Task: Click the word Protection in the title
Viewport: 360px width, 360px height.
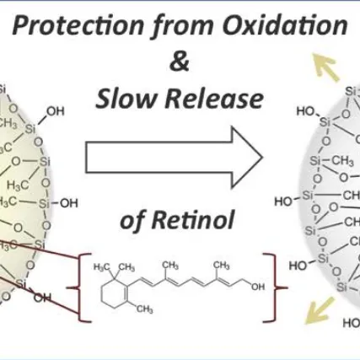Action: tap(78, 26)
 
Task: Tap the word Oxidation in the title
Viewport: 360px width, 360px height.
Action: tap(285, 25)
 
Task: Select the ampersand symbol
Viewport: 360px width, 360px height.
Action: tap(180, 62)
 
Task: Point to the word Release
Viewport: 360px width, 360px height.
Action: tap(214, 99)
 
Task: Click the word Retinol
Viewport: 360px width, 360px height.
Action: tap(193, 220)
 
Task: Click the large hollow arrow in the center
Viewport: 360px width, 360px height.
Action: tap(175, 158)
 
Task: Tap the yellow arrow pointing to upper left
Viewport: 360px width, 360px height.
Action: tap(326, 67)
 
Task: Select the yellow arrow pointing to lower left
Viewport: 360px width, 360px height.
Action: tap(320, 310)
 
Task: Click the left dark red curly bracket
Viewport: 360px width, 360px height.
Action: tap(80, 287)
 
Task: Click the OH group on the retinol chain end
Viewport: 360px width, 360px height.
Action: tap(258, 287)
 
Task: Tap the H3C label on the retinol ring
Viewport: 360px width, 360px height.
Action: tap(101, 267)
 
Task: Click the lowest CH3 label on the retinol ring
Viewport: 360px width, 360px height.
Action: tap(145, 309)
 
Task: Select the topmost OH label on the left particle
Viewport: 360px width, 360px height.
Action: tap(56, 111)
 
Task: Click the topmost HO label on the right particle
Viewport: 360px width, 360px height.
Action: tap(306, 111)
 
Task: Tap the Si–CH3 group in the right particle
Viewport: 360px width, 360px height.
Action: tap(331, 161)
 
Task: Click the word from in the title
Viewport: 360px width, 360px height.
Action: tap(183, 27)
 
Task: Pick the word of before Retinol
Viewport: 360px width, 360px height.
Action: tap(132, 221)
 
